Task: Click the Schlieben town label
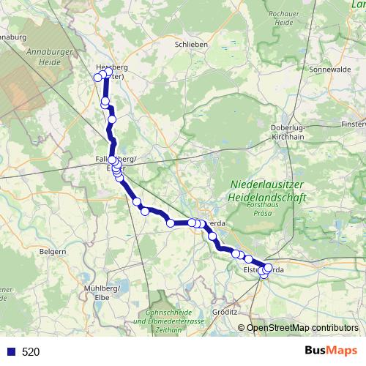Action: pos(192,44)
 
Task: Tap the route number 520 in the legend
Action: pos(31,352)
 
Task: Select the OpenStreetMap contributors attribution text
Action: pos(302,328)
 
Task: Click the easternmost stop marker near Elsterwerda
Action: pos(268,267)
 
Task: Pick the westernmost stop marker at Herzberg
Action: pos(97,78)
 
